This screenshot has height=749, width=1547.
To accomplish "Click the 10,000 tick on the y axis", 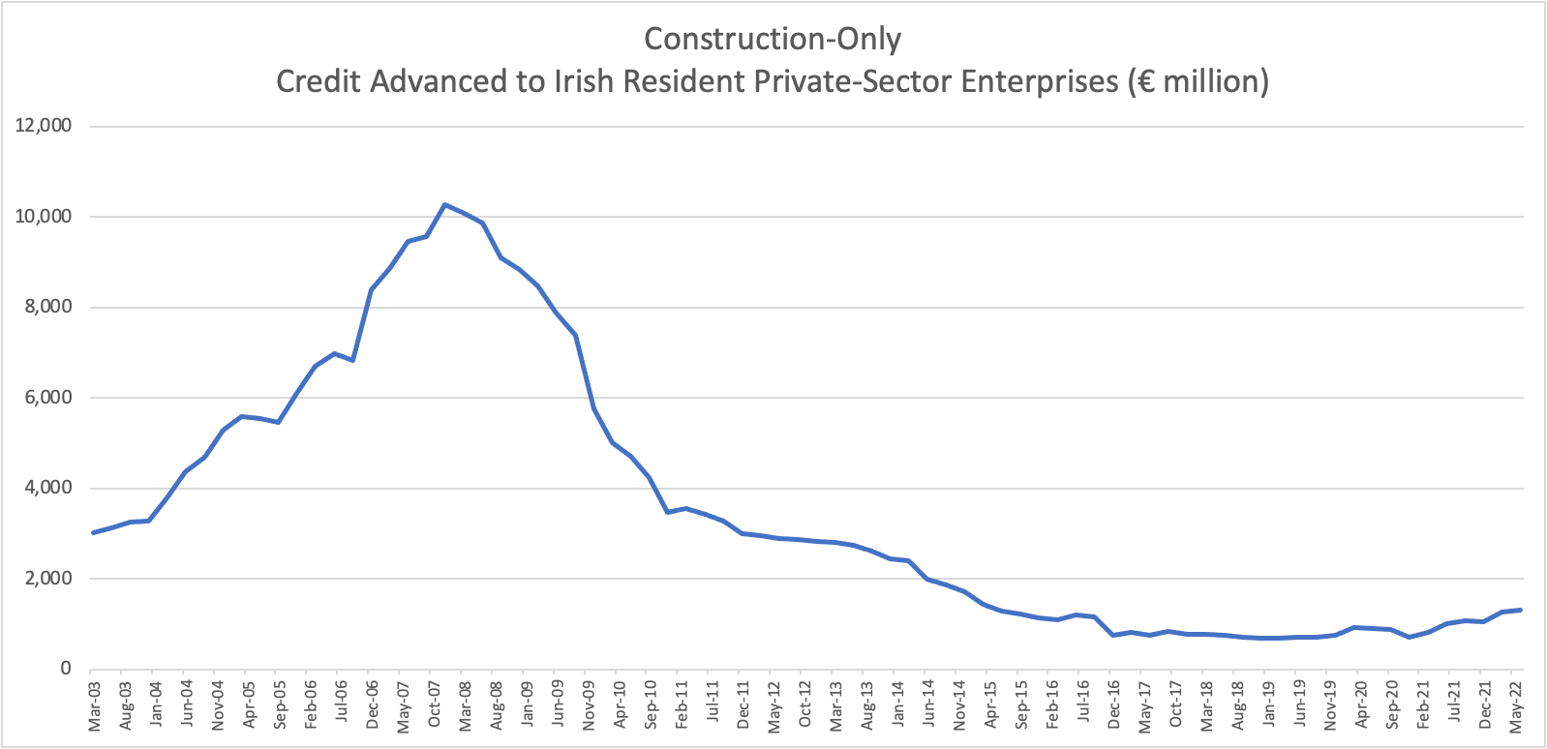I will [x=43, y=217].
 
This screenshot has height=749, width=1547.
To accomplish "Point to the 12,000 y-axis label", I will [x=43, y=126].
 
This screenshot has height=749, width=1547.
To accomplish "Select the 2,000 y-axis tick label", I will [x=46, y=579].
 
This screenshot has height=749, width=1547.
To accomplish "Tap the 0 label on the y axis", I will [x=65, y=669].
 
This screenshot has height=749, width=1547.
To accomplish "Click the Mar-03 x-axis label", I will [x=95, y=705].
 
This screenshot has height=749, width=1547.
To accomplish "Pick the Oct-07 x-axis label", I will [x=435, y=705].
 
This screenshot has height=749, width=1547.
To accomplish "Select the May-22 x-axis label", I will [x=1516, y=705].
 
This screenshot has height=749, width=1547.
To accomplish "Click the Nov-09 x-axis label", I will [x=589, y=705].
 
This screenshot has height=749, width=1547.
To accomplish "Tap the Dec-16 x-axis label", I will [x=1114, y=705].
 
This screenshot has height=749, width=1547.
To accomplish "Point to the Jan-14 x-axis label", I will [x=898, y=705].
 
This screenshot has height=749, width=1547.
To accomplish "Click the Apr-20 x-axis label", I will [x=1361, y=705].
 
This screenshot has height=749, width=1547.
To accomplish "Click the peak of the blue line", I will [x=444, y=204].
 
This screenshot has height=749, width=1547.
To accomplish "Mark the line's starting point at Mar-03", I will [x=93, y=532].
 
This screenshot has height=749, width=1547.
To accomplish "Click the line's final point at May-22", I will [x=1521, y=610].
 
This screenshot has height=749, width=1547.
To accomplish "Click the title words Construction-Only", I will [x=772, y=39].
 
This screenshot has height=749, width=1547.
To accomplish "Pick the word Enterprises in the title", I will [x=1039, y=81].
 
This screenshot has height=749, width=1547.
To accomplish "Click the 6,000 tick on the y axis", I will [x=46, y=398].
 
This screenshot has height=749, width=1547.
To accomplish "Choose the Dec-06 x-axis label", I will [x=373, y=705].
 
